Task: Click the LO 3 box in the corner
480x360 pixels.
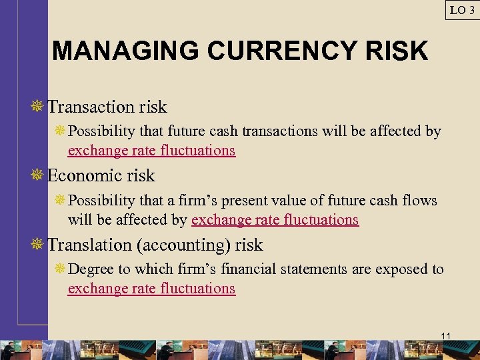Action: tap(462, 9)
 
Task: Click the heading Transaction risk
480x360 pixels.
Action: tap(107, 107)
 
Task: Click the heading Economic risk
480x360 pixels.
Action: tap(101, 176)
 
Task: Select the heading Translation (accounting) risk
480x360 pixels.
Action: tap(155, 245)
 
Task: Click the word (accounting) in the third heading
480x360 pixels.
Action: tap(182, 245)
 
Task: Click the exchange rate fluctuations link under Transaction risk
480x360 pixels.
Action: tap(151, 150)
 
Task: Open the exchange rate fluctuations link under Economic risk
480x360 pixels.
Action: tap(275, 219)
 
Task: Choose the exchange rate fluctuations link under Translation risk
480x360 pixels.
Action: tap(151, 289)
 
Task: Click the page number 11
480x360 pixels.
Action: tap(446, 335)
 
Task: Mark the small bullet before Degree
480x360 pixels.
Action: tap(60, 269)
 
